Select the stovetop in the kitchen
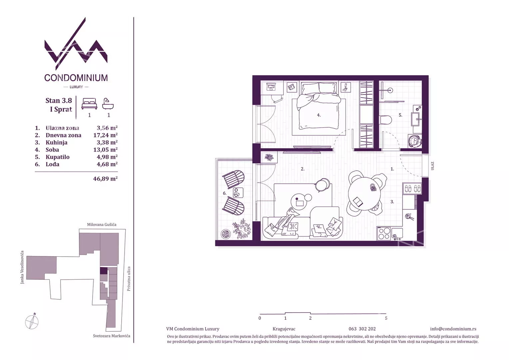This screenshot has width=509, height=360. coord(384,234)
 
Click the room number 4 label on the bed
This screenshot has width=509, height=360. coord(319,115)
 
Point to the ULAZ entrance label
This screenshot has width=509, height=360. coord(432,166)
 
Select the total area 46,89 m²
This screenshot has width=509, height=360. coord(105,179)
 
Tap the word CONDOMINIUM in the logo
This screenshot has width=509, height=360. coord(76,78)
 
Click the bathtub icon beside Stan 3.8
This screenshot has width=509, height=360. coord(108,104)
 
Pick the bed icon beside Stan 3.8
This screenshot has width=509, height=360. coord(89,104)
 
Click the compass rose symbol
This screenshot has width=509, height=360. coord(32,322)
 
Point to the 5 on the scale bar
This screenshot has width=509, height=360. coord(386,318)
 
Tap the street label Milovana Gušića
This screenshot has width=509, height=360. coord(102,224)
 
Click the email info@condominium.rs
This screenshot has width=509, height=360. coord(453,329)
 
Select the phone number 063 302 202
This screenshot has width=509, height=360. coord(362,329)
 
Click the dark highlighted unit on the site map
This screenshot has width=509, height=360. coord(104,271)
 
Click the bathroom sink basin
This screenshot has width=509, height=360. coord(416,119)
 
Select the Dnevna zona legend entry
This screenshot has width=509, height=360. coord(63,135)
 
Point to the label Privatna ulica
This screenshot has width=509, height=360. coord(129,279)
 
